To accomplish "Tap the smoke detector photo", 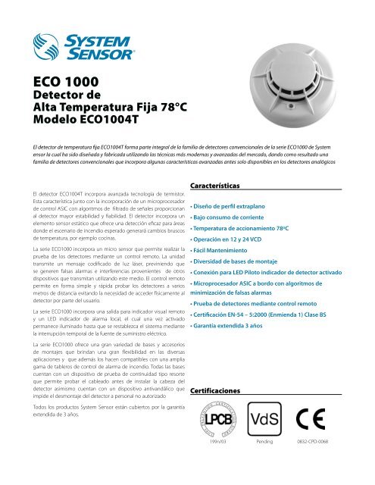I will [x=270, y=78].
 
